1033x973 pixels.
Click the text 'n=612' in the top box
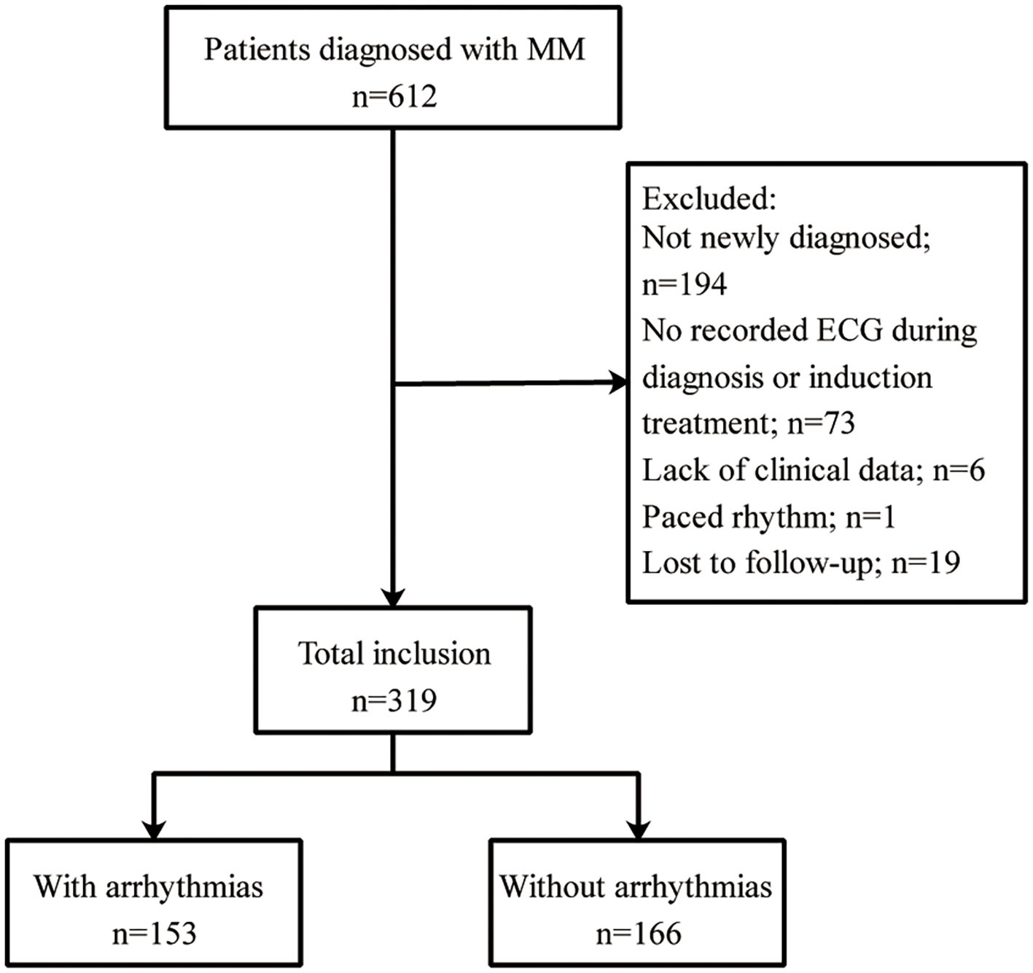[x=394, y=96]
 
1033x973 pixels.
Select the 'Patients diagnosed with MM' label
[x=394, y=50]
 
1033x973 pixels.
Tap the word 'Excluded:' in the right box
[x=709, y=198]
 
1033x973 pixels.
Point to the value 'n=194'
[x=684, y=284]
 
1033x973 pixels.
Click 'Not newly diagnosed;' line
[x=786, y=238]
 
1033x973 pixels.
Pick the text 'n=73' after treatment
[x=821, y=423]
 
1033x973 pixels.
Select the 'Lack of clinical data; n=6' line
[x=813, y=470]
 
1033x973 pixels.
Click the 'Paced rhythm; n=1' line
[x=768, y=517]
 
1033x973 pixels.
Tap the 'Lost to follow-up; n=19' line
[x=800, y=563]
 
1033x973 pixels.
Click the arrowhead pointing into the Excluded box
[x=618, y=382]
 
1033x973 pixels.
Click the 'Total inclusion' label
[x=394, y=654]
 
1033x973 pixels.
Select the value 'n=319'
[x=394, y=700]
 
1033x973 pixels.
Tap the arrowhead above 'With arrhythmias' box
[x=153, y=830]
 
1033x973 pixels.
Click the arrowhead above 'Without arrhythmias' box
[x=639, y=830]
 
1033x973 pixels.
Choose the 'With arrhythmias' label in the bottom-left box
[x=149, y=887]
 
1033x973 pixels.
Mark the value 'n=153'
[x=154, y=934]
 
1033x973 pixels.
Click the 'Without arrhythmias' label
[x=636, y=887]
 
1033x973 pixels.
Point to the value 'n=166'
[x=638, y=934]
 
